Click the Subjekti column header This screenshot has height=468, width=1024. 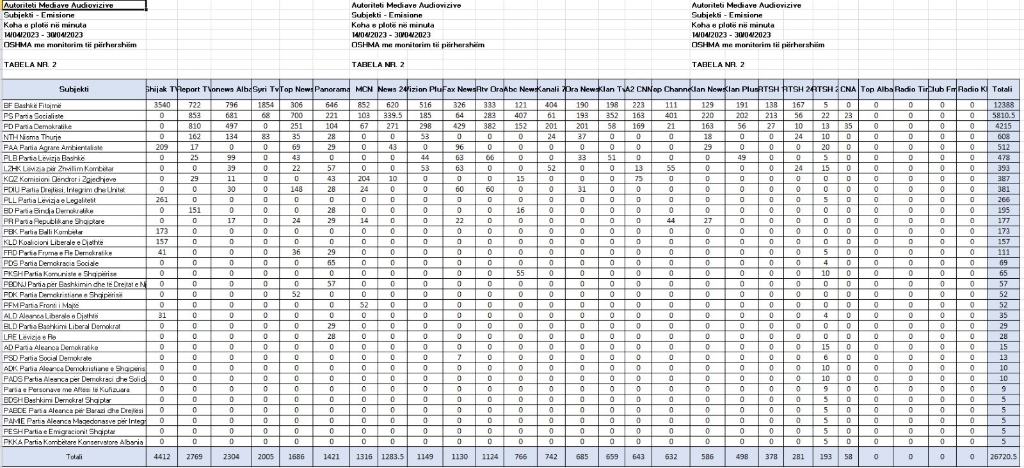pyautogui.click(x=74, y=90)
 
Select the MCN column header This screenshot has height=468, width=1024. pyautogui.click(x=364, y=90)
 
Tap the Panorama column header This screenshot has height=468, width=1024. pyautogui.click(x=332, y=90)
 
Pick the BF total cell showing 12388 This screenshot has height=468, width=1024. pyautogui.click(x=1002, y=105)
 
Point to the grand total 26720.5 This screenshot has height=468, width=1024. pyautogui.click(x=1002, y=457)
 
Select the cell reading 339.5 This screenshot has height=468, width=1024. pyautogui.click(x=392, y=116)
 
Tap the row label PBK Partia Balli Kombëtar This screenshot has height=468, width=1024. pyautogui.click(x=43, y=231)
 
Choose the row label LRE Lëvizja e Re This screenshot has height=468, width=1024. pyautogui.click(x=29, y=337)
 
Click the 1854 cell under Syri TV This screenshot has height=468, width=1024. pyautogui.click(x=265, y=105)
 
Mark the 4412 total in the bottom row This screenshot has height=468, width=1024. pyautogui.click(x=161, y=457)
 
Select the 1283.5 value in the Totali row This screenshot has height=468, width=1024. pyautogui.click(x=392, y=457)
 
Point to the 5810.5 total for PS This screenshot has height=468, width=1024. pyautogui.click(x=1002, y=116)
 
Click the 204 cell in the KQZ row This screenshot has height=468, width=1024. pyautogui.click(x=364, y=179)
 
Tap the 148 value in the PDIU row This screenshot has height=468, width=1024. pyautogui.click(x=296, y=189)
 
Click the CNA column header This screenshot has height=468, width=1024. pyautogui.click(x=848, y=90)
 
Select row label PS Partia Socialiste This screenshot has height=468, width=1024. pyautogui.click(x=33, y=116)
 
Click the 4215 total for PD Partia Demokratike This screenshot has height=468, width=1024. pyautogui.click(x=1002, y=127)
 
